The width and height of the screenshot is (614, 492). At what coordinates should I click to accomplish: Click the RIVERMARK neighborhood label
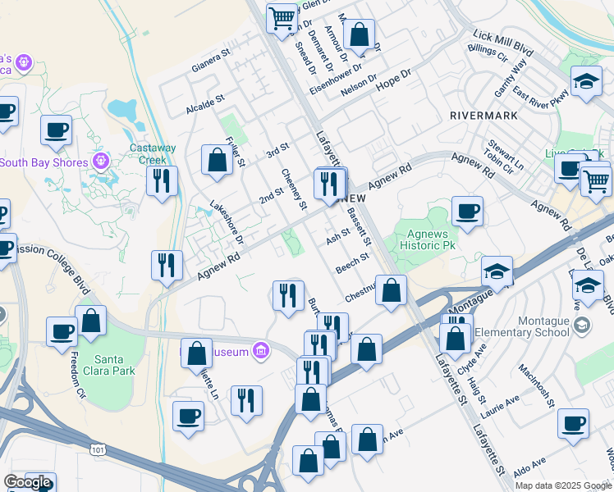point(483,116)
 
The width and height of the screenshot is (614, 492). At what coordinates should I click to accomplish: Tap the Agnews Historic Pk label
point(426,239)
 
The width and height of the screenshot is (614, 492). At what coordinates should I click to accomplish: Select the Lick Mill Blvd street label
point(503,43)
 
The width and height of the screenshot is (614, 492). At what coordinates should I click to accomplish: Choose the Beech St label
point(352,262)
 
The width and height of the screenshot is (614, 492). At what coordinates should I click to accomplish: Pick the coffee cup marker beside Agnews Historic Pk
point(466,212)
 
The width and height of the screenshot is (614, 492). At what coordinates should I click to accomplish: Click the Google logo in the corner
point(27,482)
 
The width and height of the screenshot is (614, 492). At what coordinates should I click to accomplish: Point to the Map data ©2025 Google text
point(563,485)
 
